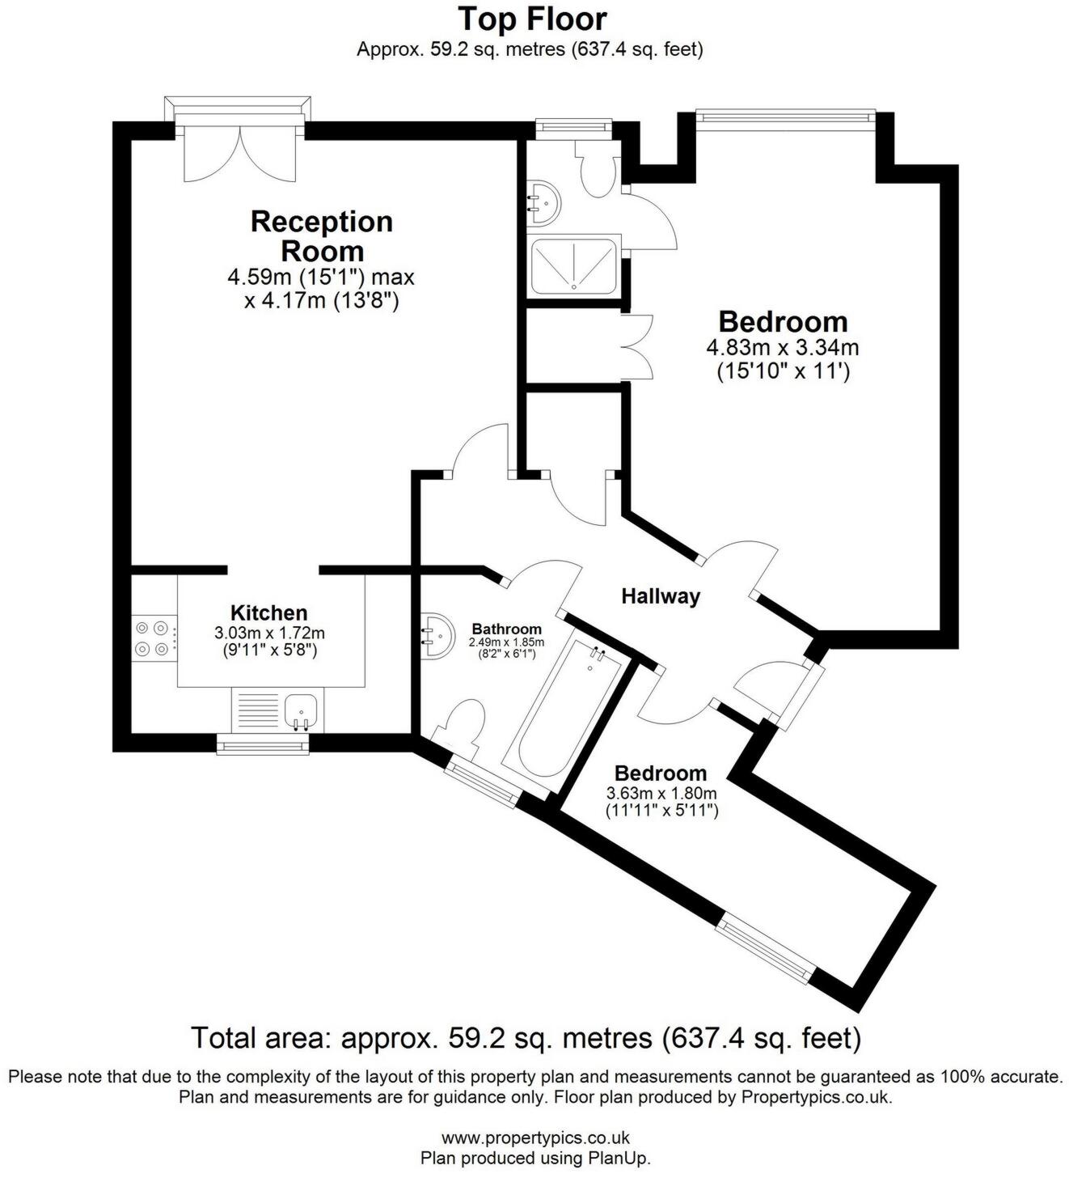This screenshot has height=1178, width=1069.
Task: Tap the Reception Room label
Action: [321, 235]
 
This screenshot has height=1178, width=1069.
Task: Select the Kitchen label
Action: [268, 612]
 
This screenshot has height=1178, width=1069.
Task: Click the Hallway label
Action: [660, 596]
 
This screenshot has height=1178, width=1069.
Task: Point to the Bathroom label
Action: [506, 629]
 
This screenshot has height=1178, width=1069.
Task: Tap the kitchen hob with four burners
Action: [154, 637]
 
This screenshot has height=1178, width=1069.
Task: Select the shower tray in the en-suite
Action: [573, 265]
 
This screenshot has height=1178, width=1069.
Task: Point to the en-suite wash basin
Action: [543, 203]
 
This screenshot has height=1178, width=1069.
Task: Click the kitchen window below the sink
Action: [263, 744]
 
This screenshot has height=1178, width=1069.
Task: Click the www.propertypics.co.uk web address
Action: [534, 1138]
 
